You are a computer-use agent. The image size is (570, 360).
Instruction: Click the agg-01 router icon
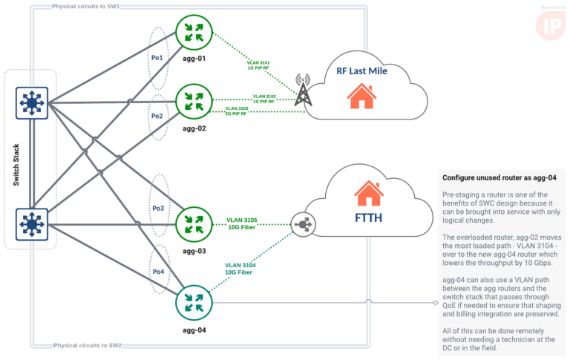coord(194,30)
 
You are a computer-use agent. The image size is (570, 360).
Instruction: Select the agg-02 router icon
coord(193,101)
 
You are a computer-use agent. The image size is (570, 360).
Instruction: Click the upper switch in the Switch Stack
coord(32,103)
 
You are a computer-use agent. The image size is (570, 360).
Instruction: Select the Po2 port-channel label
coord(157,117)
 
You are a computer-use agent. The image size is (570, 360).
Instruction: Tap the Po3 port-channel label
coord(157,209)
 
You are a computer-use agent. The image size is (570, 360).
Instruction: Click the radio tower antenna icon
coord(302,91)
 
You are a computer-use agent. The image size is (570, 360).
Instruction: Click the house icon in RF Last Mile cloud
coord(361,95)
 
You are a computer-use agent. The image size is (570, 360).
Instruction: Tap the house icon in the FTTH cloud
coord(369,194)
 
